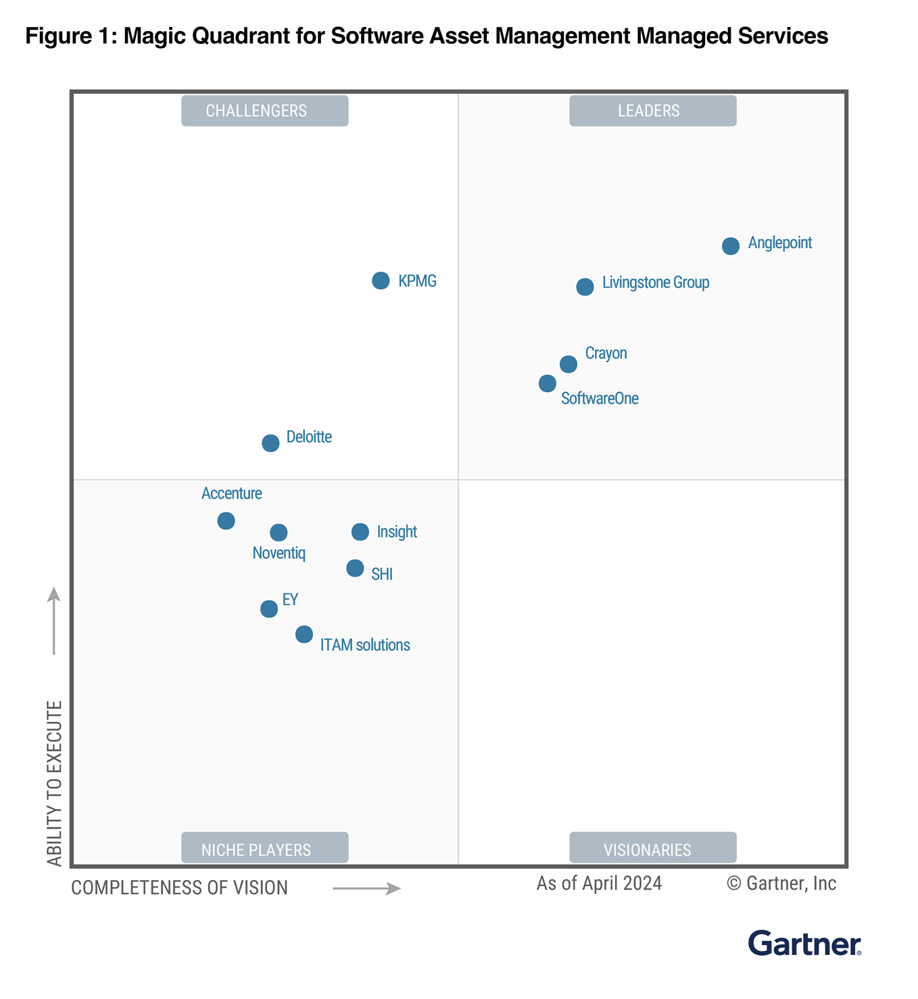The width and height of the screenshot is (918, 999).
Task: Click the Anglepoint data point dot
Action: point(730,246)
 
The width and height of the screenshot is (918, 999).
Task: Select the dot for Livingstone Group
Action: point(585,287)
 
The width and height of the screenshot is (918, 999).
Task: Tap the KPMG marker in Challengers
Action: point(381,281)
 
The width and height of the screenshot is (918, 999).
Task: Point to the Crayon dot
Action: point(569,364)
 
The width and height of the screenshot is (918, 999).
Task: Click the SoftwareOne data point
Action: point(548,384)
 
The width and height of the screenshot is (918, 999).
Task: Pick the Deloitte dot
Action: point(270,443)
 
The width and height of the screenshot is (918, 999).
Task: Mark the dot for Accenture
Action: point(226,521)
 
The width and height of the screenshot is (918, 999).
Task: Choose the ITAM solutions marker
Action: point(304,635)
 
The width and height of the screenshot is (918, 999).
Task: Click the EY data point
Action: point(269,609)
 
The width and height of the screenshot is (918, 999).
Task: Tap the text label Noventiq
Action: point(279,554)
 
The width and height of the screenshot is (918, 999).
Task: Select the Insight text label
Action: point(397,532)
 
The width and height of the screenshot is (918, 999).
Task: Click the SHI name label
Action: point(382,575)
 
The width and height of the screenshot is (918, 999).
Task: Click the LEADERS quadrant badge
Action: point(652,111)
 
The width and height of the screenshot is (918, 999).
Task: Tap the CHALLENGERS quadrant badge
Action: point(264,111)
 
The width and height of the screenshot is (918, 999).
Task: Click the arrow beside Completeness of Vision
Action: point(366,888)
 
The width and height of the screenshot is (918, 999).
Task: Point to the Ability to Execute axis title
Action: point(54,783)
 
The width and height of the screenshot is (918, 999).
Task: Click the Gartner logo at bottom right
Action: point(804,944)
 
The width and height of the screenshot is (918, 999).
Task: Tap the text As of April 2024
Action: point(599,884)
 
